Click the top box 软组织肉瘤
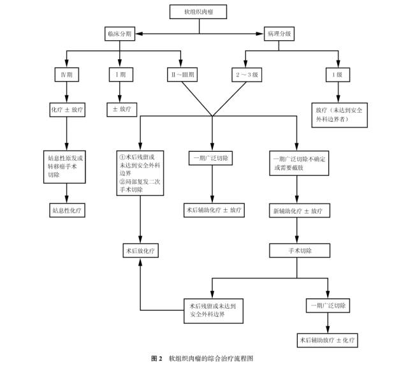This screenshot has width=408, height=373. click(200, 11)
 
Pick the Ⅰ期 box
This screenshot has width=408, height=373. click(118, 75)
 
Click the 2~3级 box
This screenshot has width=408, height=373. click(246, 75)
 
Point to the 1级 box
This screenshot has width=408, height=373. click(339, 75)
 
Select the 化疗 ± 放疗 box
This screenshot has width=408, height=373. click(67, 110)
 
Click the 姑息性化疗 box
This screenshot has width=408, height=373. click(67, 209)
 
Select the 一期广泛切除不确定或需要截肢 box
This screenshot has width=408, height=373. click(298, 162)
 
